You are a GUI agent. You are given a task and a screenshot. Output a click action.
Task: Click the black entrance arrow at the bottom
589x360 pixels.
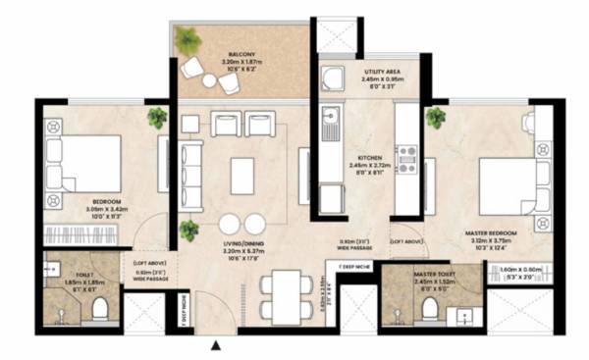tap(215, 343)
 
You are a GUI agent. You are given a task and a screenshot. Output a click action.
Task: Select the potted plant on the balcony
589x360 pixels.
tap(187, 41)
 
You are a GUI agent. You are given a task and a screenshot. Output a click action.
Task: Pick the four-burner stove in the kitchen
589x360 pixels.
tap(406, 157)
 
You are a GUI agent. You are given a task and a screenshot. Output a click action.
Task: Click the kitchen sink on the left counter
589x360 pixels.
tap(331, 124)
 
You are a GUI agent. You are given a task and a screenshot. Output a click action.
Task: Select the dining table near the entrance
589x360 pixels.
tap(278, 294)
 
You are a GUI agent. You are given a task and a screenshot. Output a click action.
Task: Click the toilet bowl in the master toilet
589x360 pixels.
tap(429, 310)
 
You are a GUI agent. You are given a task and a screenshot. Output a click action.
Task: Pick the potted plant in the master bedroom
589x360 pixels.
tap(435, 119)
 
